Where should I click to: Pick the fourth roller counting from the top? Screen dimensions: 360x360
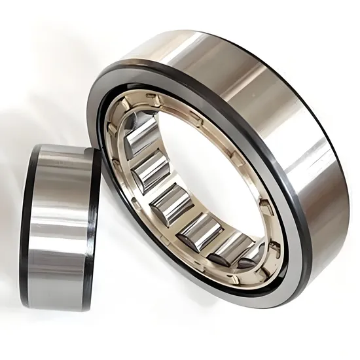coord(198,228)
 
